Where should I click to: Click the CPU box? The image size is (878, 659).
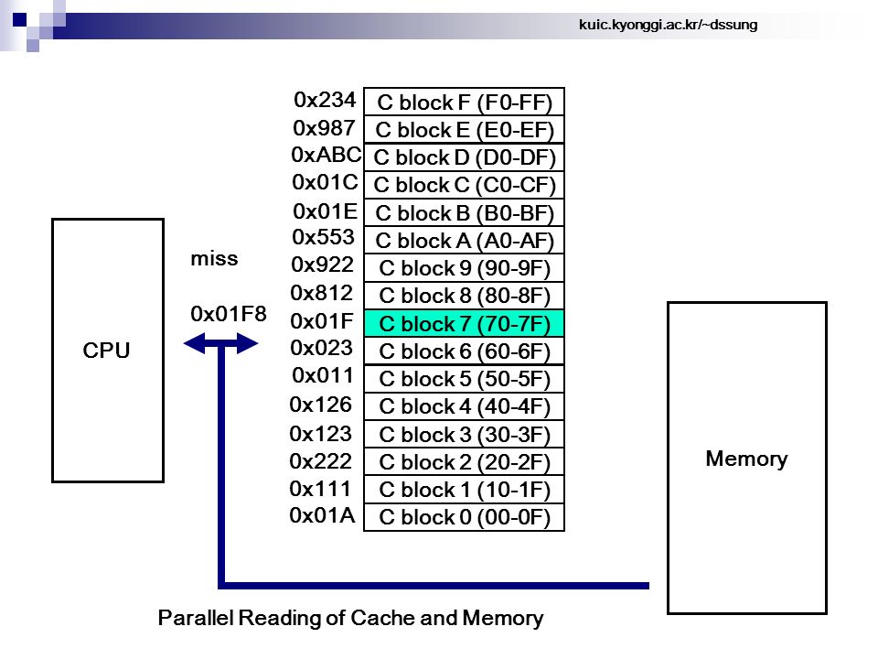[108, 351]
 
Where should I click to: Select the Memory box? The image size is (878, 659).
[747, 458]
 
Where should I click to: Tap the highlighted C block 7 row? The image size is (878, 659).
[465, 323]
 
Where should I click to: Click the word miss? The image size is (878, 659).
[214, 258]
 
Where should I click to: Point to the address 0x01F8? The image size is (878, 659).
[229, 314]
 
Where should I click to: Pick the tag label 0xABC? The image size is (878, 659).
[326, 155]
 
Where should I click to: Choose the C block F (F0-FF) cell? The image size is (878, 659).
[465, 102]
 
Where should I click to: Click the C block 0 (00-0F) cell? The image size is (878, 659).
[465, 516]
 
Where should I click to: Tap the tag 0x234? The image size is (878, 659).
[325, 100]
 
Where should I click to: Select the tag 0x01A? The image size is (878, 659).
[322, 515]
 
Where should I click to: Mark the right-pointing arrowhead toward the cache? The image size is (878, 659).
[247, 343]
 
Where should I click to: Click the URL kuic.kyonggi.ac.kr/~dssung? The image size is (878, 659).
[668, 25]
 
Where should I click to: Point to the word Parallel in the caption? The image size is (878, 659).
[196, 618]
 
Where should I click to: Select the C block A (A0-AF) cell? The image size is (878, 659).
[465, 241]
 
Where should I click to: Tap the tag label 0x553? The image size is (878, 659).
[323, 237]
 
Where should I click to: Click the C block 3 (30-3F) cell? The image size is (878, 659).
[465, 434]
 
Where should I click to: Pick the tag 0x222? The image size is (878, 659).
[320, 461]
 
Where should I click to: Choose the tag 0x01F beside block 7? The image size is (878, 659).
[322, 321]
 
